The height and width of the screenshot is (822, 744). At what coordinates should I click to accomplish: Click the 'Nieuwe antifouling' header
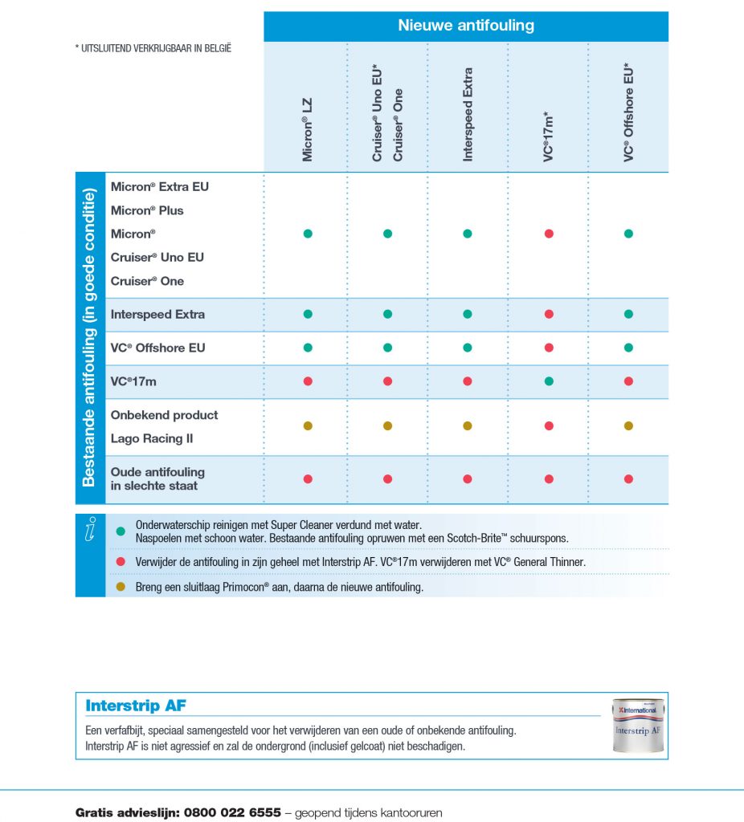point(466,26)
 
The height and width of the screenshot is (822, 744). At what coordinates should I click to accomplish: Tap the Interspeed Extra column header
point(468,114)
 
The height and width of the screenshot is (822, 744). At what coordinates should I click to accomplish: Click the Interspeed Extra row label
point(157,315)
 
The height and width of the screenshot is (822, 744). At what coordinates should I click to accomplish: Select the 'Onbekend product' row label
point(164,415)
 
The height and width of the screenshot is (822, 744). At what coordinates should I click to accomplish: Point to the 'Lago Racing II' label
point(152,439)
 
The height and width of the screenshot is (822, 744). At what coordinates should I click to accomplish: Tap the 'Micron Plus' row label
point(147,210)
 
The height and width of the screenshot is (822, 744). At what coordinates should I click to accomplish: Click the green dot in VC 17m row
point(549,381)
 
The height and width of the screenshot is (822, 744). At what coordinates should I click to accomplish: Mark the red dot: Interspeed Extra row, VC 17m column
point(549,315)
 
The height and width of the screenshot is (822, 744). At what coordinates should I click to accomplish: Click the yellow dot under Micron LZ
point(308,425)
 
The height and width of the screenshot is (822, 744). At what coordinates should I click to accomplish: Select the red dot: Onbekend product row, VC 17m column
point(549,425)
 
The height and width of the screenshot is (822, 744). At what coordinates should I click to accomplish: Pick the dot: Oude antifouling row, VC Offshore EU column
point(629,479)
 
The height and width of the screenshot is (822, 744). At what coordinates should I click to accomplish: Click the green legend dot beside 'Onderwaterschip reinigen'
point(121,531)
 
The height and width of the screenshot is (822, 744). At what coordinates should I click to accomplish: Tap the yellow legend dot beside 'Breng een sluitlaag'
point(121,587)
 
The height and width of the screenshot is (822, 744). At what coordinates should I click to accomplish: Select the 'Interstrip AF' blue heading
point(136,706)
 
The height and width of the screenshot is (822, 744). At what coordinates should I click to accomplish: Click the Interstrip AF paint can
point(638,725)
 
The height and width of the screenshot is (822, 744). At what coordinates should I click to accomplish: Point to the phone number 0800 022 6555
point(232,812)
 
